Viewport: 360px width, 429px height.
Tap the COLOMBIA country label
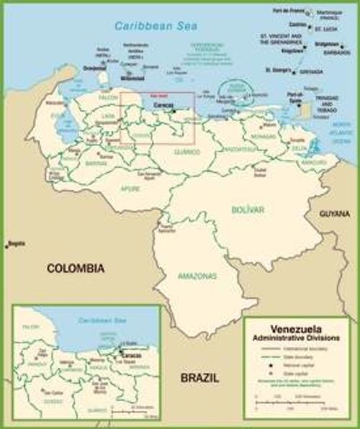[76, 268]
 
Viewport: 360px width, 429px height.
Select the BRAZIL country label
[199, 378]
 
